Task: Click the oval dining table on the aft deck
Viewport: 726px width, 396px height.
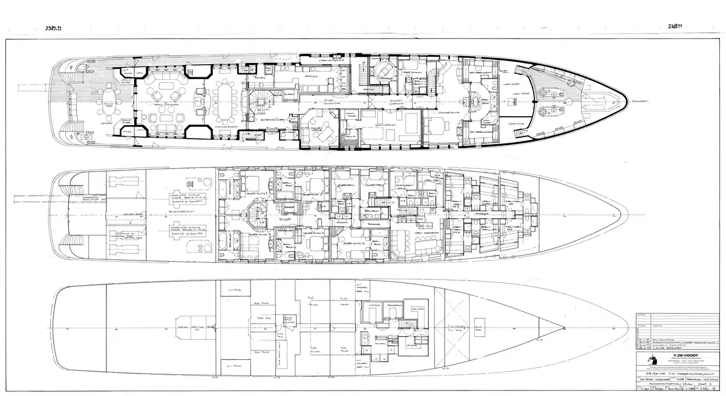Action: coord(108,103)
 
